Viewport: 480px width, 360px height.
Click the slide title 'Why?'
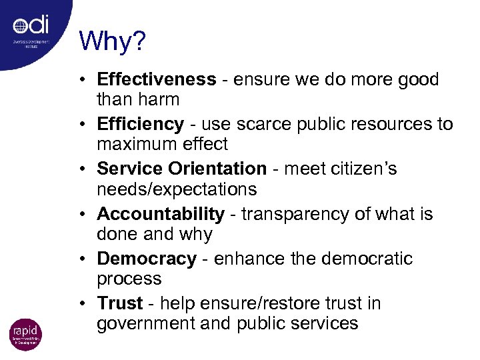(112, 41)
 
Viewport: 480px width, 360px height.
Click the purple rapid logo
(25, 334)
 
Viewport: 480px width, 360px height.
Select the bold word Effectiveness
(157, 79)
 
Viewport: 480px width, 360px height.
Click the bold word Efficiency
(140, 124)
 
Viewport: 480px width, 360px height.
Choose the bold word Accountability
(161, 214)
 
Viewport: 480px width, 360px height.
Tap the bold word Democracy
(147, 259)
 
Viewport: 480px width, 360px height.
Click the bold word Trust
(120, 303)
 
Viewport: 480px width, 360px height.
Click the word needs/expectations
(177, 189)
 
